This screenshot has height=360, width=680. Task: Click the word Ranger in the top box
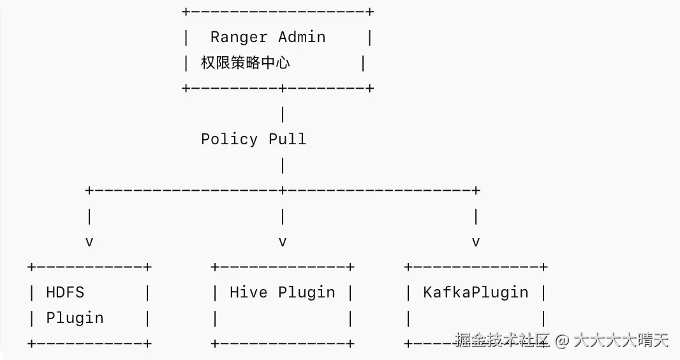click(239, 37)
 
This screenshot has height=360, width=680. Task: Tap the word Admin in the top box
click(302, 37)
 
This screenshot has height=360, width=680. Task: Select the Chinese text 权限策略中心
click(245, 63)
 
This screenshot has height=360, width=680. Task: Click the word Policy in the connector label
click(230, 140)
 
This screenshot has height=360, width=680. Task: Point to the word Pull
click(288, 139)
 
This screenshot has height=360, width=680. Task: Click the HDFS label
click(65, 292)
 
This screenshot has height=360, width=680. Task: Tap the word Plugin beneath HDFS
click(75, 319)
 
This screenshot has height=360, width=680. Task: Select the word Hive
click(249, 292)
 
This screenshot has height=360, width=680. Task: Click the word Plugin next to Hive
click(307, 293)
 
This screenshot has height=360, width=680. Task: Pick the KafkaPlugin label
click(476, 293)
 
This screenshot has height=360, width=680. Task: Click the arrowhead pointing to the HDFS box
click(89, 242)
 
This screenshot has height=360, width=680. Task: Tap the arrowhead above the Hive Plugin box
click(283, 242)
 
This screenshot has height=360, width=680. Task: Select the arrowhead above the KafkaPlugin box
click(476, 242)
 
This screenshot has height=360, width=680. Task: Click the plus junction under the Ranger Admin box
click(283, 89)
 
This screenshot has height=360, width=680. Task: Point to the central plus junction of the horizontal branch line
click(283, 190)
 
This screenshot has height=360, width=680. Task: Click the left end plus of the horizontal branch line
click(89, 190)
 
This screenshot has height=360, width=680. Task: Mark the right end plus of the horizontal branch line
click(476, 190)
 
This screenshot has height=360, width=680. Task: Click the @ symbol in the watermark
click(562, 340)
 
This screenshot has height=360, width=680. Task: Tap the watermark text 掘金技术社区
click(503, 340)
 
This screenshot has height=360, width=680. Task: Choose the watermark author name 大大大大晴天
click(621, 340)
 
